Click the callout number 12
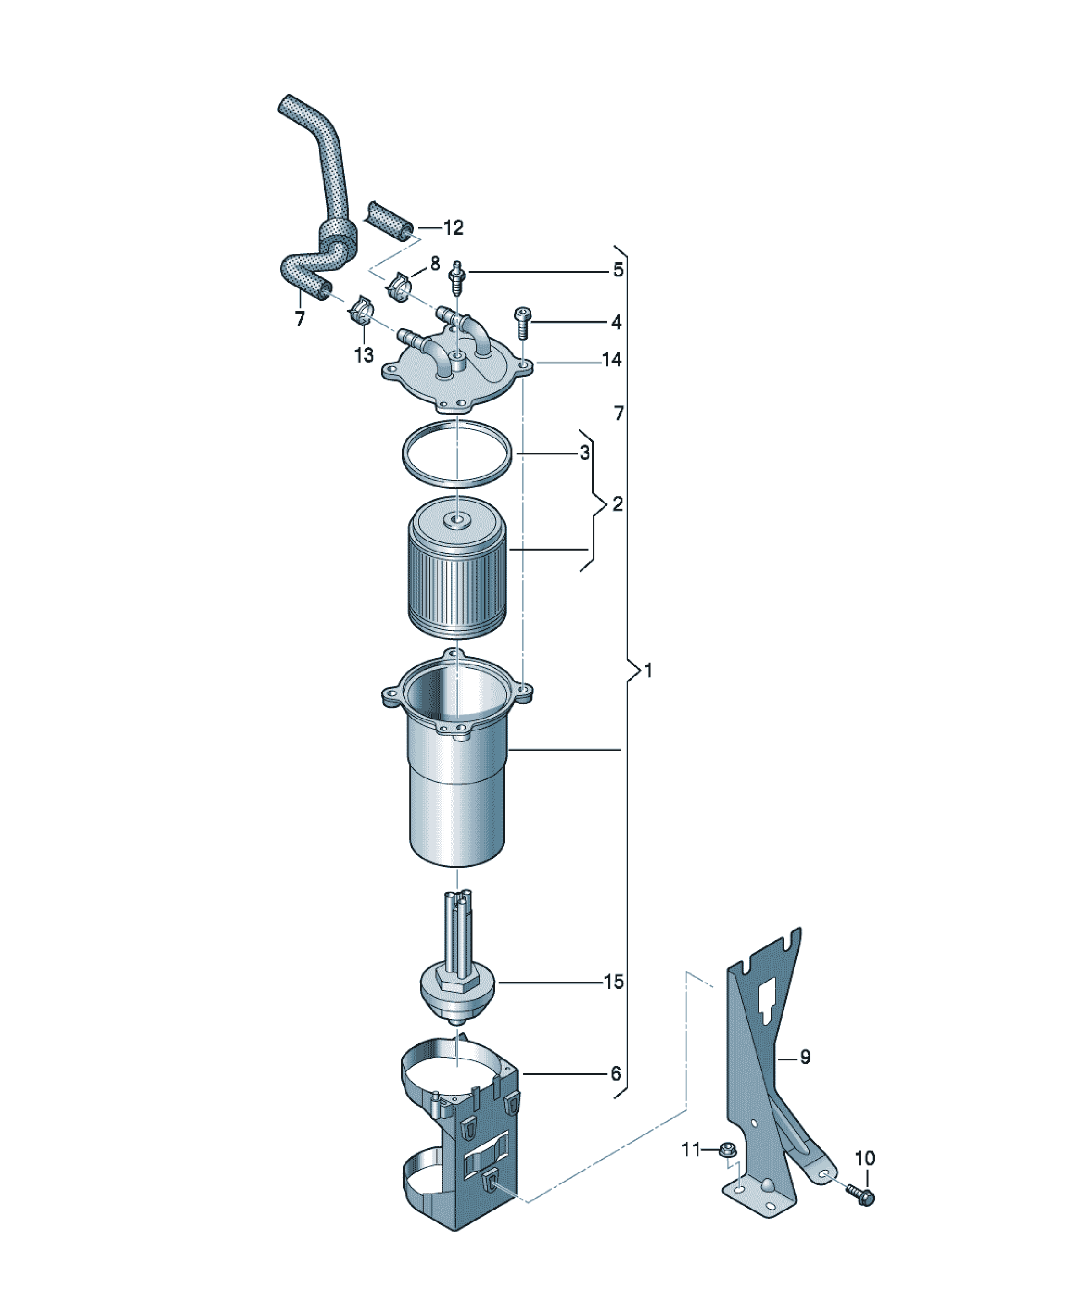(453, 228)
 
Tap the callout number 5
(618, 270)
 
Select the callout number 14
(611, 360)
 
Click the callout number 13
(363, 355)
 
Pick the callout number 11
(691, 1149)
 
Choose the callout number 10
(865, 1159)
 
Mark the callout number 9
(805, 1057)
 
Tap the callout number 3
(584, 453)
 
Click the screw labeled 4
(522, 323)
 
